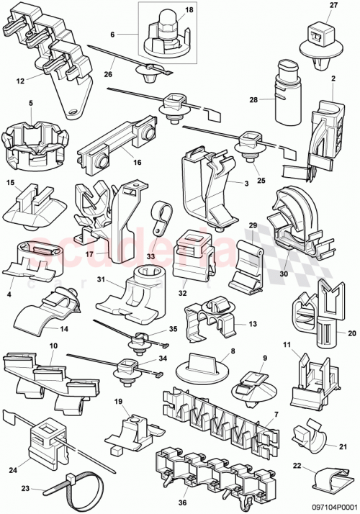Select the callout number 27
312,6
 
